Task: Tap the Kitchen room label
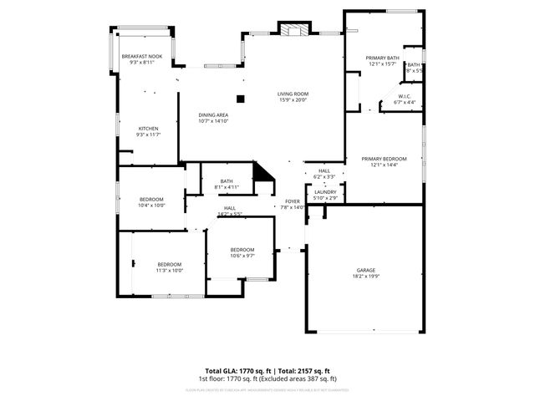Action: tap(149, 131)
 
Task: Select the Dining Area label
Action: tap(213, 118)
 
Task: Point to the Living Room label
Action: tap(293, 96)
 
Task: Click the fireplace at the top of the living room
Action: tap(293, 30)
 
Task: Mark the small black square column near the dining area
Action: tap(241, 98)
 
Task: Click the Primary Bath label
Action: tap(383, 61)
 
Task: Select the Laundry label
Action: tap(325, 194)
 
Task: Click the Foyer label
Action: tap(293, 204)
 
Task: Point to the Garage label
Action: tap(366, 273)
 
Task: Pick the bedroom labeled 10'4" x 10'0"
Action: tap(151, 201)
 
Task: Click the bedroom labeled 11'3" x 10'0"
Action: tap(169, 266)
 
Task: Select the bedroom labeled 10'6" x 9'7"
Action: tap(242, 252)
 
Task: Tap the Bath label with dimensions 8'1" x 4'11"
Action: tap(227, 184)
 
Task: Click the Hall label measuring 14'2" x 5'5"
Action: tap(229, 211)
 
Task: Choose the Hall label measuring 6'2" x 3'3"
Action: tap(324, 173)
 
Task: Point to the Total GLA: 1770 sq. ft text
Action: tap(237, 370)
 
